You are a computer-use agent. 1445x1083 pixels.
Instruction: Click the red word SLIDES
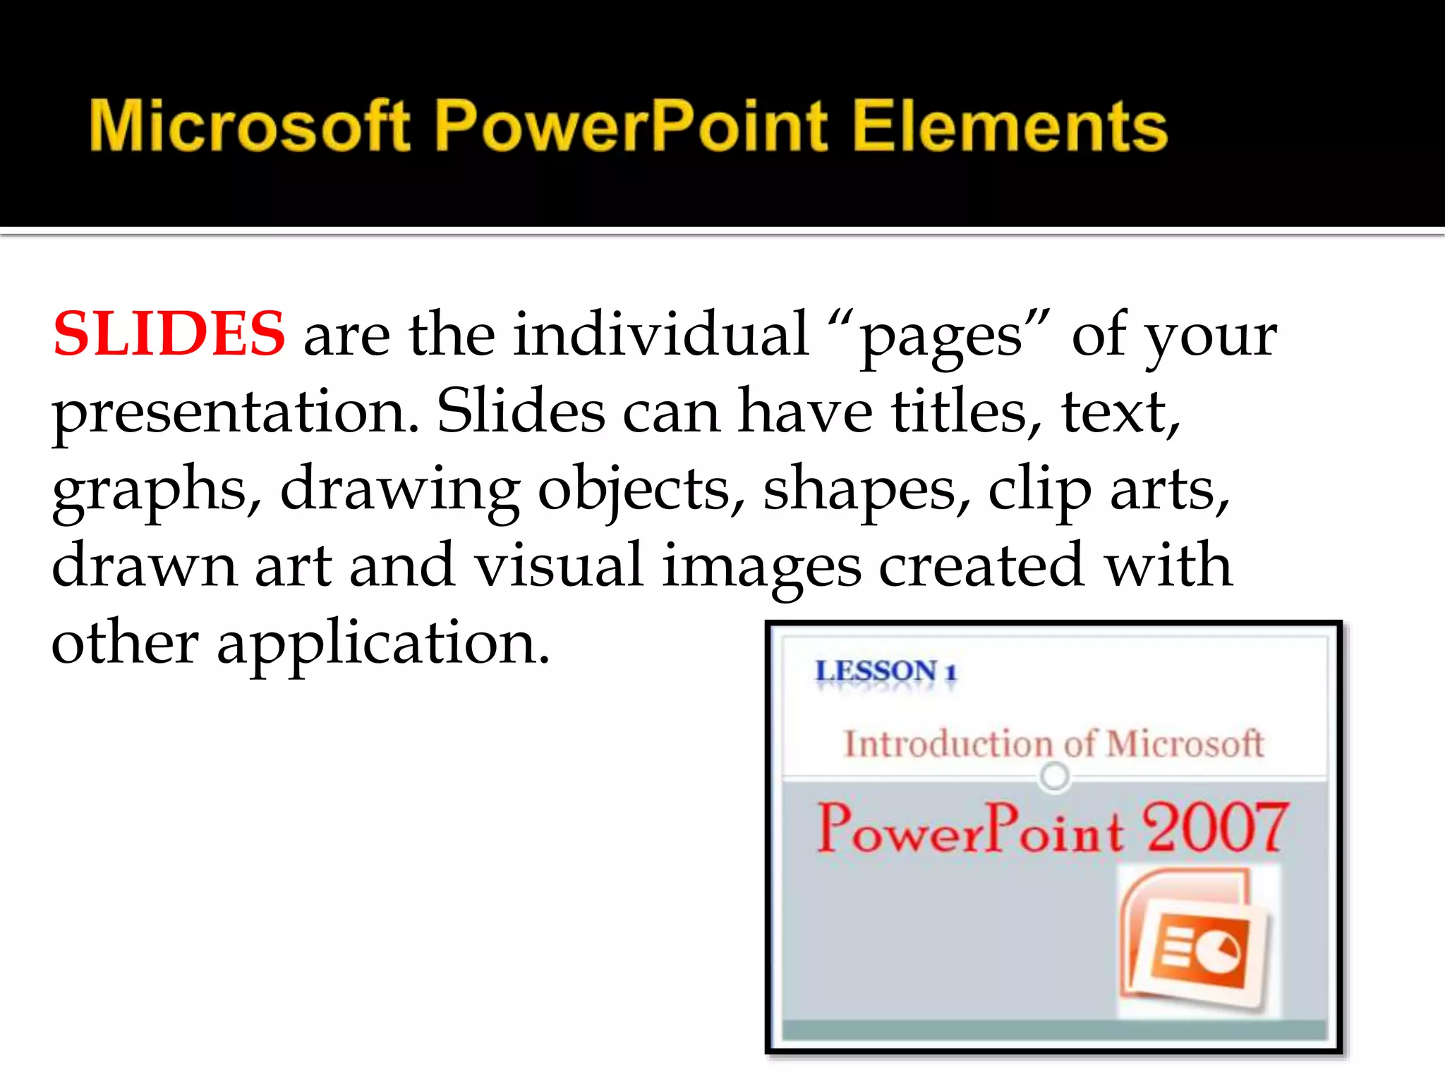[169, 334]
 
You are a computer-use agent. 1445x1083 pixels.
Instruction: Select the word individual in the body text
[660, 334]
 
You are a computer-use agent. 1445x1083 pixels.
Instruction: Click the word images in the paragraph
[761, 568]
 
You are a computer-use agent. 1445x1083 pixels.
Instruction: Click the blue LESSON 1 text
[885, 671]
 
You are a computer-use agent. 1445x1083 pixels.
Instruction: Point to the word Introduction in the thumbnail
[949, 744]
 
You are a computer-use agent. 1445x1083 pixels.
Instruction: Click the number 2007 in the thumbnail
[1214, 828]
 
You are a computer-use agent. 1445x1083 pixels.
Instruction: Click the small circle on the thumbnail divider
[1054, 776]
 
